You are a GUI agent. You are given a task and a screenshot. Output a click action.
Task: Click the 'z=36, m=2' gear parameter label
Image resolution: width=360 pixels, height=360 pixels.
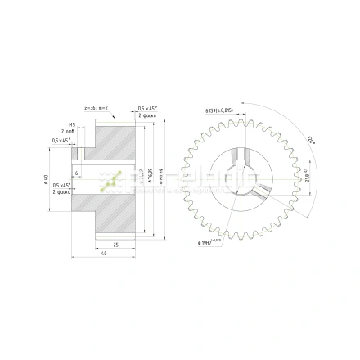point(96,108)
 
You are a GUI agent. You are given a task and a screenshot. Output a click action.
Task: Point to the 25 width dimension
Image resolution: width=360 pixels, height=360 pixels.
point(115,244)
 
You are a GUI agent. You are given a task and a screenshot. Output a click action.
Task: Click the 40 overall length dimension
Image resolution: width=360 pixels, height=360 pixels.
point(104,254)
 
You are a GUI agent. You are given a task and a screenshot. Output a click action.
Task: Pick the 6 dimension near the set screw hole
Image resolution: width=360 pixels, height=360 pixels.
point(77,173)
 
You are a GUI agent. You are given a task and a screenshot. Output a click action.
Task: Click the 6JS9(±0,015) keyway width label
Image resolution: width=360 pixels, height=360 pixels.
point(218,109)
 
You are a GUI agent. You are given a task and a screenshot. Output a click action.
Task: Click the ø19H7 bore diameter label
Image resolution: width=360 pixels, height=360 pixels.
point(211,242)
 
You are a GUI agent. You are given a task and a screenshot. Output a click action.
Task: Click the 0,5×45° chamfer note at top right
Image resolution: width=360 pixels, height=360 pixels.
point(147,109)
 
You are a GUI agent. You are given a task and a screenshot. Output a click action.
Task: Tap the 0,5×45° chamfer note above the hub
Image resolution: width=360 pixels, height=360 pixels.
point(61,140)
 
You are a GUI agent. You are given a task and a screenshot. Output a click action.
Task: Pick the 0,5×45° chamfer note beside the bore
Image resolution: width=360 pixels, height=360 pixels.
point(61,186)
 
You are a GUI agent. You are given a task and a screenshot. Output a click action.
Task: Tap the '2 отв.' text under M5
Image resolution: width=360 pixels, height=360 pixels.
point(69,132)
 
